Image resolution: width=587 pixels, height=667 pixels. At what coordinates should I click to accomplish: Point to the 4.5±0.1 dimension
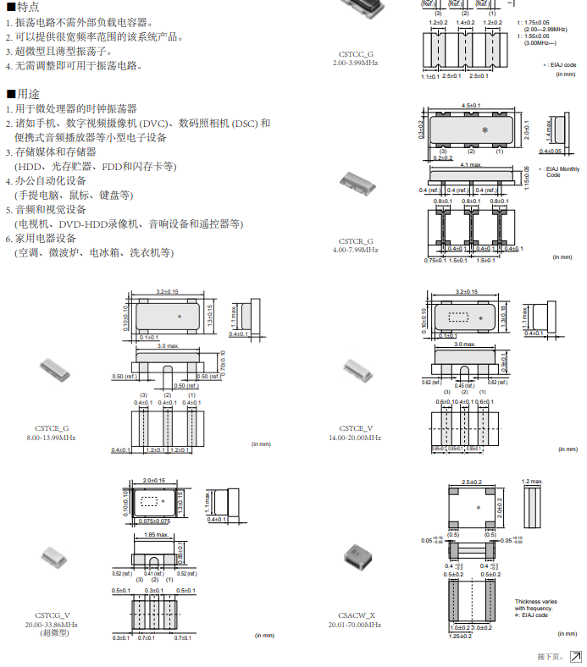(x=471, y=105)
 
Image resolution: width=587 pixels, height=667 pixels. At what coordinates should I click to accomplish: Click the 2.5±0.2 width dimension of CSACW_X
(x=472, y=482)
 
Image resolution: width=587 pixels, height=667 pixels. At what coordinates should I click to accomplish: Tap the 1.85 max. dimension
(x=155, y=535)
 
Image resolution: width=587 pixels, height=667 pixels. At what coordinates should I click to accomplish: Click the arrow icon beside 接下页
(x=576, y=657)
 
